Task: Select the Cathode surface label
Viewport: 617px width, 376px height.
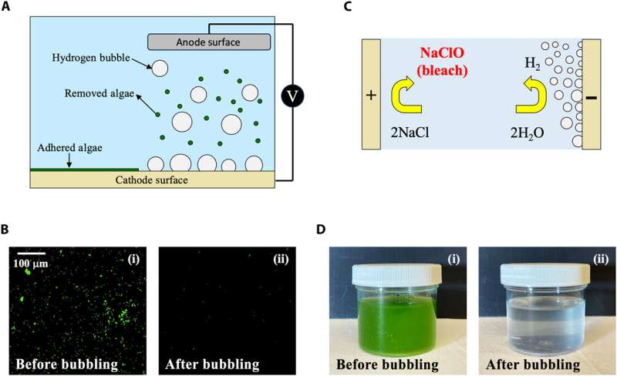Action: coord(150,180)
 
